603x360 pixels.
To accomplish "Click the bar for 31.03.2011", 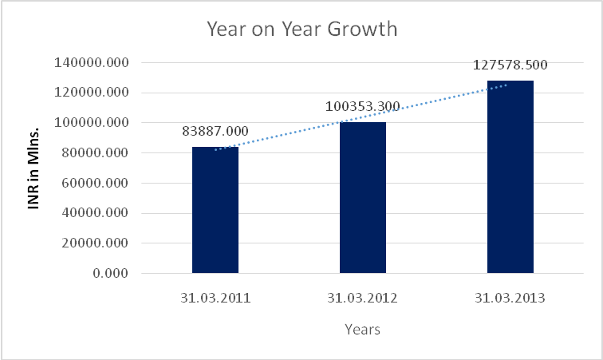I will click(215, 210).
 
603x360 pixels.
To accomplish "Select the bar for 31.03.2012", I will click(363, 198).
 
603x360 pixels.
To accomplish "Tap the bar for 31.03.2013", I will click(510, 177).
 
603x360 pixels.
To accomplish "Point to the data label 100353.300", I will click(363, 106).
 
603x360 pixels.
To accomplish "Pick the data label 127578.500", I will click(510, 65).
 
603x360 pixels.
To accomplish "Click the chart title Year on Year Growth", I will click(301, 30).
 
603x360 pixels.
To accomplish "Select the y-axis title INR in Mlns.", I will click(33, 168).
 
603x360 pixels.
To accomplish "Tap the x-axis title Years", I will click(362, 329).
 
